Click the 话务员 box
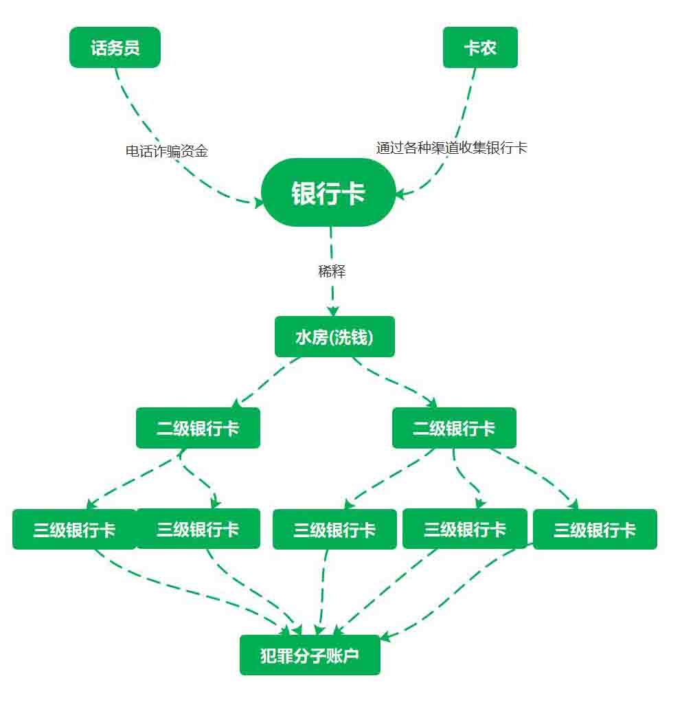click(x=115, y=47)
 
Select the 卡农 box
click(x=480, y=47)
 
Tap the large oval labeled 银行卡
click(x=328, y=192)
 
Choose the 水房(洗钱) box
click(x=334, y=337)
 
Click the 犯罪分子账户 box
click(x=310, y=655)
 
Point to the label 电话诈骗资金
click(x=166, y=151)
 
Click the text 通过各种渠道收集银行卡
click(x=451, y=148)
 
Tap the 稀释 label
click(x=332, y=271)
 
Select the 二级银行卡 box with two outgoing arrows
click(x=198, y=428)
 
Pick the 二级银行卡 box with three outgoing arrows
click(x=454, y=428)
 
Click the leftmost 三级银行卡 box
click(x=74, y=530)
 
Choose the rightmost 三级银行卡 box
click(x=595, y=530)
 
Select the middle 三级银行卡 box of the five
click(x=334, y=530)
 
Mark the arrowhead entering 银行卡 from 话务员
click(x=258, y=202)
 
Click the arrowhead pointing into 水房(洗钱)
click(x=333, y=311)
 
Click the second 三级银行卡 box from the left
click(x=198, y=529)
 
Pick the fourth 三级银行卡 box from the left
click(x=464, y=529)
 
